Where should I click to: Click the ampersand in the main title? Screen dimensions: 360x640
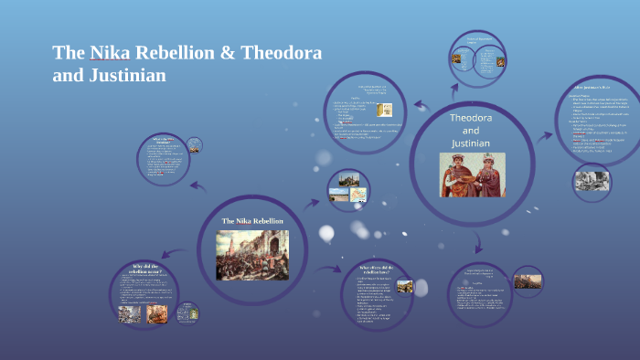(x=231, y=53)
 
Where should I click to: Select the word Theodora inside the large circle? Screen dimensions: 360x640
(x=471, y=119)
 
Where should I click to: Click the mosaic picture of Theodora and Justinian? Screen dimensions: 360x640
(x=471, y=174)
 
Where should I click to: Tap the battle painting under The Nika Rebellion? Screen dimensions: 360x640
(x=251, y=255)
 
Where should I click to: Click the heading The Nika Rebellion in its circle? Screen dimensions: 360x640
(x=252, y=221)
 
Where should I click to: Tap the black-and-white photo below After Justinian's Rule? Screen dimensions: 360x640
(x=592, y=181)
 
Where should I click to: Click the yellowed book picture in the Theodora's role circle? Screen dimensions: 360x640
(x=386, y=109)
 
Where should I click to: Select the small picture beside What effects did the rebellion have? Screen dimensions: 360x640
(x=404, y=286)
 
